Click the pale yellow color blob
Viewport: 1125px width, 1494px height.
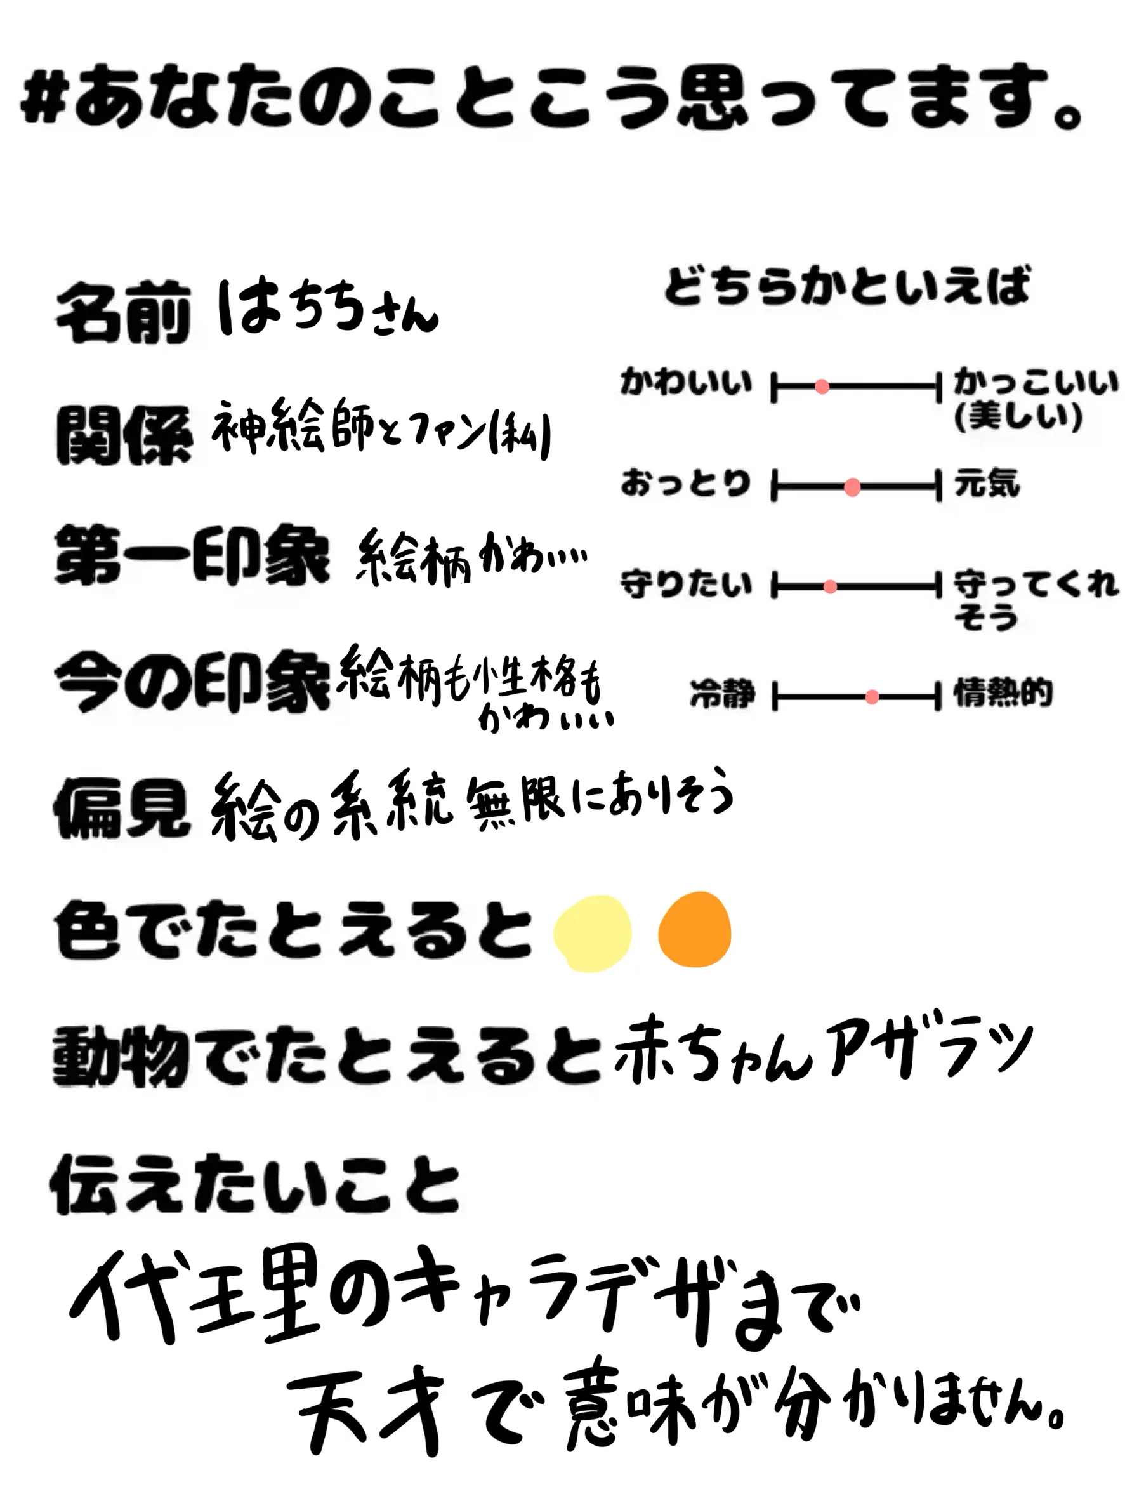click(592, 933)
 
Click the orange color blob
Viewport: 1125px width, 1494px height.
click(694, 929)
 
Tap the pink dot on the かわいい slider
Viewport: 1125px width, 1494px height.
click(822, 387)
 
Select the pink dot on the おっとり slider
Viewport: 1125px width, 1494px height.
click(852, 487)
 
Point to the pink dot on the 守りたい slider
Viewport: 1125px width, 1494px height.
click(831, 587)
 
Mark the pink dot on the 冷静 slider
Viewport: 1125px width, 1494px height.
click(872, 696)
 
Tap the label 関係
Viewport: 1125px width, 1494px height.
click(124, 435)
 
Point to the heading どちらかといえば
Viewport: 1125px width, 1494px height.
click(848, 286)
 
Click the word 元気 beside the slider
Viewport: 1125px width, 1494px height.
click(986, 484)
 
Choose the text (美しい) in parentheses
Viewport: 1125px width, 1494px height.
click(1018, 417)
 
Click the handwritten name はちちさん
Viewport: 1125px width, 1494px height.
click(327, 309)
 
